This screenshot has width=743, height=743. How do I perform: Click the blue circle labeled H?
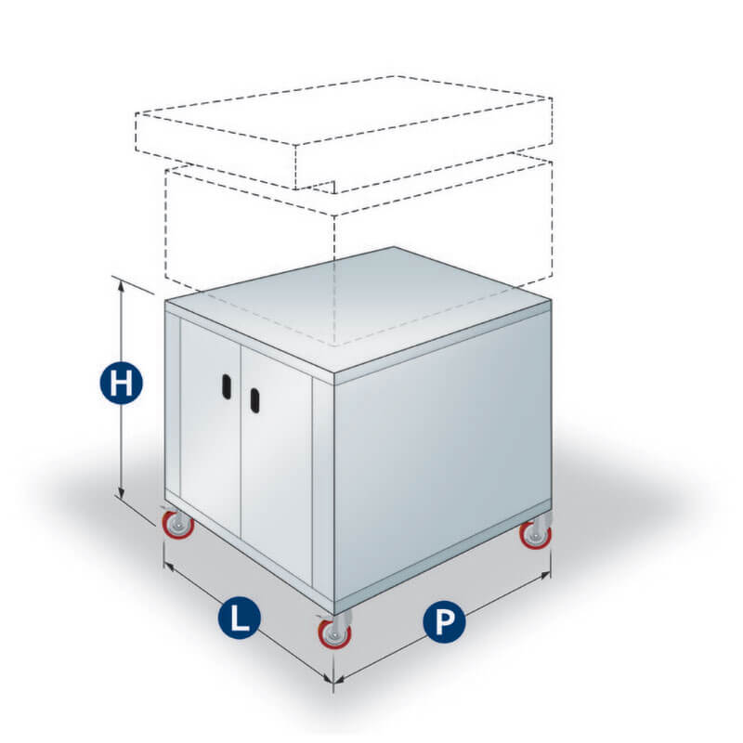122,383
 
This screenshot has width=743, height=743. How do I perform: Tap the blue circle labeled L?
240,618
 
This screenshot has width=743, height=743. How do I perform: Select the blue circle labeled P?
444,621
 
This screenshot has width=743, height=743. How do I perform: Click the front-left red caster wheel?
178,525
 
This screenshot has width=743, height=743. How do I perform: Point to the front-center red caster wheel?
335,632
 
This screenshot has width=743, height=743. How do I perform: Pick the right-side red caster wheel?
536,534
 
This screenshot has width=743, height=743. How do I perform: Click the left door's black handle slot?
227,386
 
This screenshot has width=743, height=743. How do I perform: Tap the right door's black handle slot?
254,401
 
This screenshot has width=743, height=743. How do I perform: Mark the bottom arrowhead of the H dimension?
122,493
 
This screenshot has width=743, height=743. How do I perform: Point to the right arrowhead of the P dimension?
546,576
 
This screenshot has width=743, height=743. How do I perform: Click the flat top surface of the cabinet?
358,309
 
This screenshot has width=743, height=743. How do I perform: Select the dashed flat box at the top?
344,133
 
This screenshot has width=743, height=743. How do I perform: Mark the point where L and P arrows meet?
333,682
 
